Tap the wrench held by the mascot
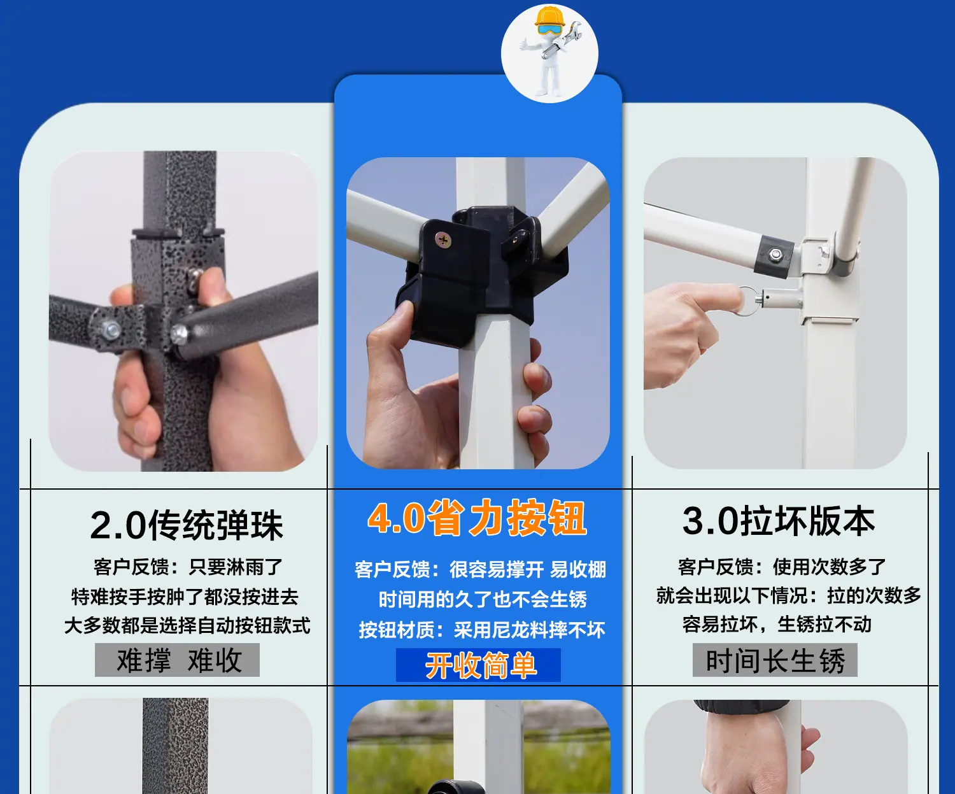[x=562, y=41]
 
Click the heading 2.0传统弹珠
[x=187, y=525]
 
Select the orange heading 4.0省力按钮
[x=477, y=518]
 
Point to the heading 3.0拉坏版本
[x=779, y=521]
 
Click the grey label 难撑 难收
[x=178, y=660]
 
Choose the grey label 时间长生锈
[x=775, y=660]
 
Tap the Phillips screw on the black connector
[x=443, y=239]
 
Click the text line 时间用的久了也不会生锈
[x=483, y=599]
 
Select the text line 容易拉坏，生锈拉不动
[x=777, y=625]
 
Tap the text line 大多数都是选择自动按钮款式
[x=187, y=625]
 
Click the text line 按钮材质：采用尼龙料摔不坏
[x=482, y=630]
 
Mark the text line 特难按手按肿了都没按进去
[x=185, y=597]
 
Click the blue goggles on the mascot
[x=549, y=29]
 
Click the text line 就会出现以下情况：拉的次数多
[x=789, y=595]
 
